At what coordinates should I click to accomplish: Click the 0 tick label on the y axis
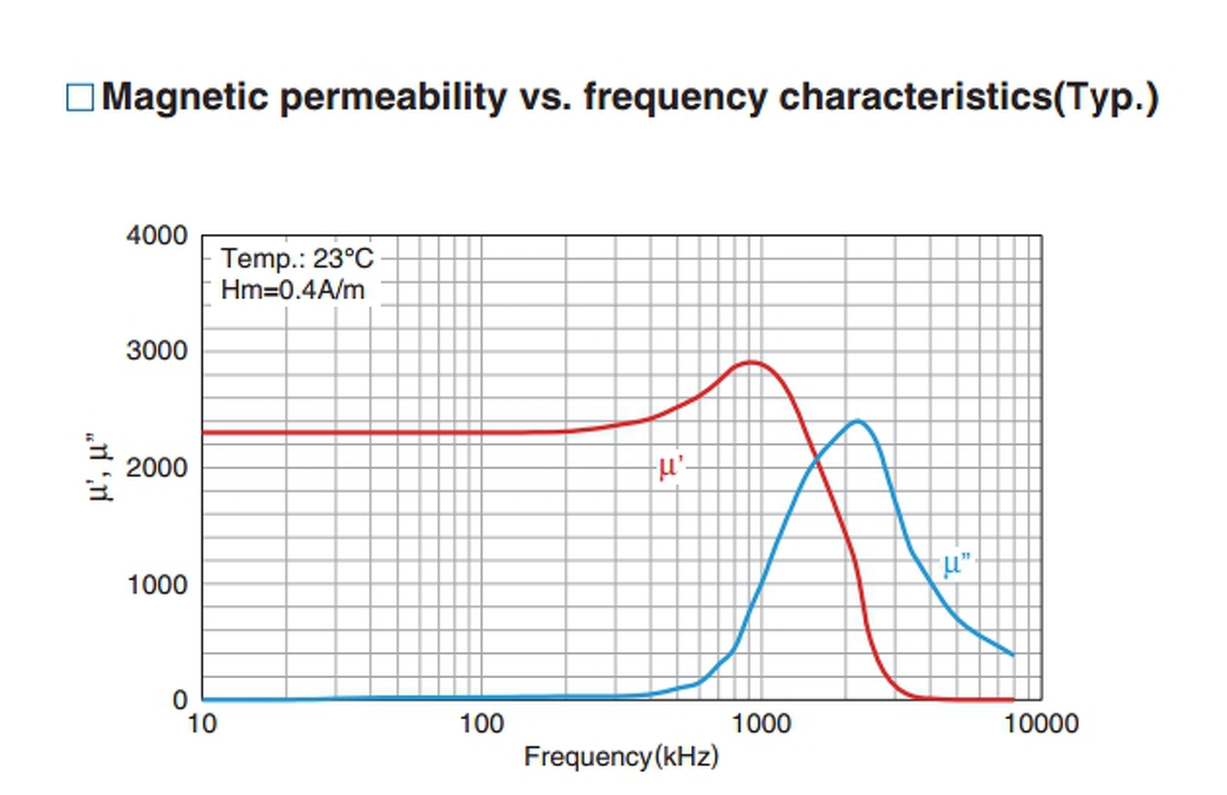click(180, 701)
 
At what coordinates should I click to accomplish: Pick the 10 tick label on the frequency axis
click(202, 724)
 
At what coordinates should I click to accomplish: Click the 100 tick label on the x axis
click(481, 724)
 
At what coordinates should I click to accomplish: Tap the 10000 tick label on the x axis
click(1041, 724)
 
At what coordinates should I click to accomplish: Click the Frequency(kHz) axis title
click(621, 757)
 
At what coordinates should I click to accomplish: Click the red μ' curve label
click(670, 467)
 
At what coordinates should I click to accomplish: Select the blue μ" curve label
click(957, 563)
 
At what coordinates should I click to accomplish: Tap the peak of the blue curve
click(856, 420)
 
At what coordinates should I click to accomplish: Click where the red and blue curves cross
click(816, 465)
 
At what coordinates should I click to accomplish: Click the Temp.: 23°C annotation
click(296, 259)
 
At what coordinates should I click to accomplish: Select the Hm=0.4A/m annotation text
click(292, 290)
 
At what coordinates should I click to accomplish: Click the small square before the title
click(80, 98)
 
